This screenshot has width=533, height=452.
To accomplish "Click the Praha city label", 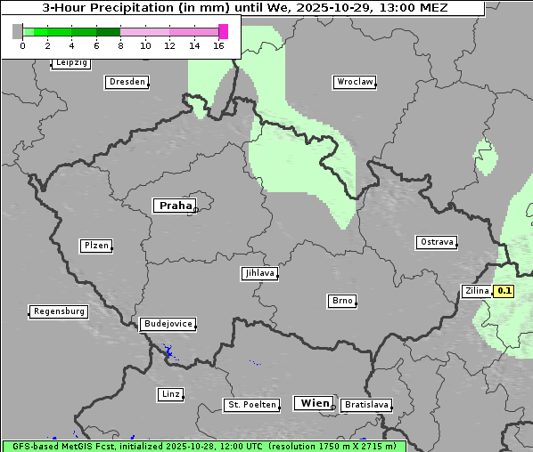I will (x=174, y=206).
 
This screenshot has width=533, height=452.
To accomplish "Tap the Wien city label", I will (x=314, y=403).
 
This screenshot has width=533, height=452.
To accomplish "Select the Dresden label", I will (x=126, y=82).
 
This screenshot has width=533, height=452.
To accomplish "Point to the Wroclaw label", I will (x=354, y=82).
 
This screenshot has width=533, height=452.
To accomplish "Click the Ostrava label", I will (x=436, y=242).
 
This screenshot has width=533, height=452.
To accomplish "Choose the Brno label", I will (x=341, y=301).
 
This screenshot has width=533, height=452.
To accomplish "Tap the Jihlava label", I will (x=258, y=273).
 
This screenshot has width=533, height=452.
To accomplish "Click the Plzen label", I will (x=95, y=246).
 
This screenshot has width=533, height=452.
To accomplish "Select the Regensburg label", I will (x=59, y=311).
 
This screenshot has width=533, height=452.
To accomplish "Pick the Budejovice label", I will (x=167, y=324).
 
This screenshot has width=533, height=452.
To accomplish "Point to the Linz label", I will (x=170, y=393).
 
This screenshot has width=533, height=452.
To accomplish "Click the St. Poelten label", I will (x=251, y=405).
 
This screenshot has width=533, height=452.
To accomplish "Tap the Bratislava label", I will (x=365, y=405).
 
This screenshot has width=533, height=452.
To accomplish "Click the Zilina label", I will (x=477, y=291).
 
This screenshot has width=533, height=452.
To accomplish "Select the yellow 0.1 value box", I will (x=504, y=291).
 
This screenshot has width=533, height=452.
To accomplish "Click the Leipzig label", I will (x=71, y=62).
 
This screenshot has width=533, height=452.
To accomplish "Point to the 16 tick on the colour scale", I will (x=219, y=45).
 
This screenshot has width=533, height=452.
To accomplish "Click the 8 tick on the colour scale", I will (x=120, y=45).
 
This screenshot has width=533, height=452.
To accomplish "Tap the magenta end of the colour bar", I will (x=223, y=31).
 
